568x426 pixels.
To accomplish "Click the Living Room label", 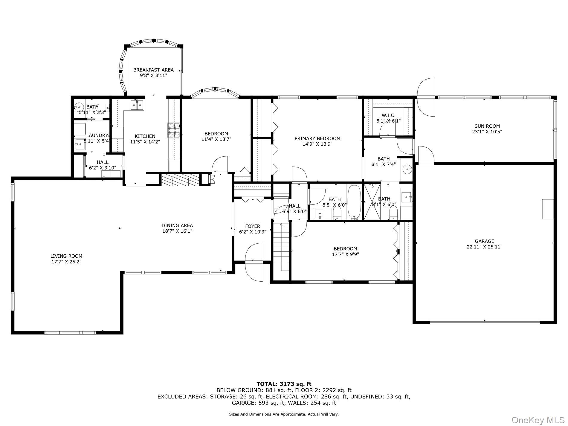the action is [x=66, y=256].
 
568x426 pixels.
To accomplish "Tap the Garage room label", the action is [x=485, y=241].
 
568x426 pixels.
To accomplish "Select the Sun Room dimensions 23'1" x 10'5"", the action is [x=487, y=132].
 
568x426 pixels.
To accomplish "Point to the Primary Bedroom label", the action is [x=317, y=138].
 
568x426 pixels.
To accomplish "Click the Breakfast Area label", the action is [x=153, y=70].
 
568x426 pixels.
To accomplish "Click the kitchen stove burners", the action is [x=174, y=130].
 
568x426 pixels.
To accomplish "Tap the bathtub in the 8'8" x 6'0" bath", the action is [x=355, y=202].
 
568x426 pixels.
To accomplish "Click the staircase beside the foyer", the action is [x=281, y=246].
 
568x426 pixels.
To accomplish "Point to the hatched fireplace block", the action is [x=180, y=180].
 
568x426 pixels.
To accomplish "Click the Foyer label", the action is [x=253, y=226].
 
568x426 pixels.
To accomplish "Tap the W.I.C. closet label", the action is [x=389, y=115].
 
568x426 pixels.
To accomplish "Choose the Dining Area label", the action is [x=177, y=225].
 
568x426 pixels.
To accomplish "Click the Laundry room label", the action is [x=97, y=135].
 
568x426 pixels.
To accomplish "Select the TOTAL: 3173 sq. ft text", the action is [x=284, y=384].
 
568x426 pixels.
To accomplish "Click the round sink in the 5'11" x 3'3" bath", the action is [x=79, y=107].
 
